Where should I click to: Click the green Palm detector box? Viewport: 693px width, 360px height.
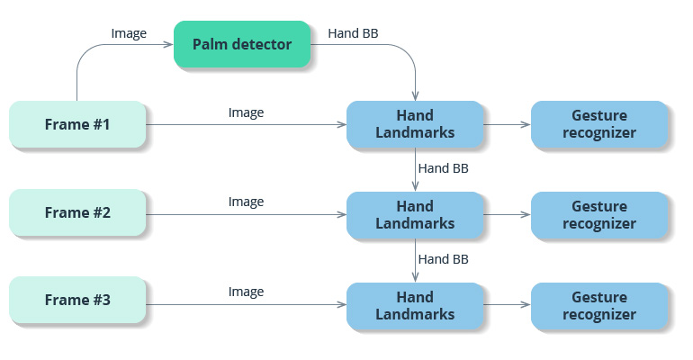242,44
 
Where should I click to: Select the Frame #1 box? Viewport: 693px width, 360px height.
77,124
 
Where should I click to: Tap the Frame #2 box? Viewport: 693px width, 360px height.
77,213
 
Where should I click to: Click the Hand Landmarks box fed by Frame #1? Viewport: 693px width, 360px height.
415,124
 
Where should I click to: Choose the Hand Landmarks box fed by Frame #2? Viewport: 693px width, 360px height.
415,214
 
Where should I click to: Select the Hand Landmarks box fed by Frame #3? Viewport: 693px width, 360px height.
415,305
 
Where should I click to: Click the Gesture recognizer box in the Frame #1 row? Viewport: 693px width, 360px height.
599,124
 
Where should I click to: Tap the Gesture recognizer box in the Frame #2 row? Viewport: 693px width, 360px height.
599,214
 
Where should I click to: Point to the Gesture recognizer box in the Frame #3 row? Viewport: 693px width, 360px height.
599,305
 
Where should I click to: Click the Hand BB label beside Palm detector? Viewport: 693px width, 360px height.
353,33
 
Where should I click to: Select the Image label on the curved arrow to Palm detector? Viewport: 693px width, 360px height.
129,33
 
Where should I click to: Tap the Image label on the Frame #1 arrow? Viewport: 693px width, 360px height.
246,112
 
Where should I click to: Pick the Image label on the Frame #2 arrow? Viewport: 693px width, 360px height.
246,202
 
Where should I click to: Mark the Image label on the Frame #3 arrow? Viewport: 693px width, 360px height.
246,292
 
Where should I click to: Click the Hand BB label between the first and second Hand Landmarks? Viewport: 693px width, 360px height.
444,168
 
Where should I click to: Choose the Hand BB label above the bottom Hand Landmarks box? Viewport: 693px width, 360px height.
444,259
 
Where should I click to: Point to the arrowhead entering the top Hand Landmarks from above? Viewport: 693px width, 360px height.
415,96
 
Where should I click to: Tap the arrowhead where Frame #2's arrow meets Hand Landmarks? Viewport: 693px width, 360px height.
342,214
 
